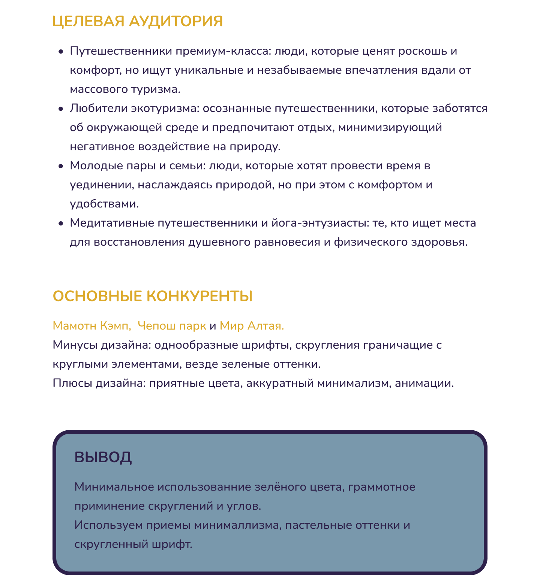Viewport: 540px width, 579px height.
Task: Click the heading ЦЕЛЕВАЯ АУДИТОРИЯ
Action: pyautogui.click(x=138, y=21)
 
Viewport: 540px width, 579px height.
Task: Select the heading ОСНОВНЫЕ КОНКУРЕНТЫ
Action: pyautogui.click(x=153, y=296)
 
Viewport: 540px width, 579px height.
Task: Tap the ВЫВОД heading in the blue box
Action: pyautogui.click(x=103, y=457)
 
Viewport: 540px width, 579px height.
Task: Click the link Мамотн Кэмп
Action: pyautogui.click(x=91, y=326)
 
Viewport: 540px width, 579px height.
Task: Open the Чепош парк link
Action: pyautogui.click(x=172, y=326)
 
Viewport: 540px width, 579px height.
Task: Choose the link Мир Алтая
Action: pyautogui.click(x=252, y=326)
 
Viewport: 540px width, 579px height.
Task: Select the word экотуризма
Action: pyautogui.click(x=165, y=108)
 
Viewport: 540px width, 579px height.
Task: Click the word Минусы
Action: pyautogui.click(x=75, y=345)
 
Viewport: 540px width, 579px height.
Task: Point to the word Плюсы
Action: pyautogui.click(x=72, y=383)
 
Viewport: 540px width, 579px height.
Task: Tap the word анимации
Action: pyautogui.click(x=424, y=383)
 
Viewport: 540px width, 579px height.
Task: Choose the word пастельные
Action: pyautogui.click(x=320, y=525)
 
